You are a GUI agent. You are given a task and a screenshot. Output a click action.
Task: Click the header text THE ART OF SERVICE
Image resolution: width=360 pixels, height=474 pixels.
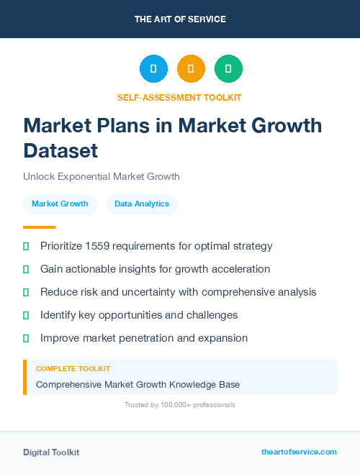(x=180, y=19)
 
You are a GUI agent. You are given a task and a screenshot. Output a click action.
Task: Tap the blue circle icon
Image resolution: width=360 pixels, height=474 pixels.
(x=153, y=69)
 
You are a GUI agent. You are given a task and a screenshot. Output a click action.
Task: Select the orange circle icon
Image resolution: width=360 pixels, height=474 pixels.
(x=191, y=69)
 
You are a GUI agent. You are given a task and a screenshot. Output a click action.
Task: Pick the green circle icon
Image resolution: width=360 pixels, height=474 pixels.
(x=228, y=69)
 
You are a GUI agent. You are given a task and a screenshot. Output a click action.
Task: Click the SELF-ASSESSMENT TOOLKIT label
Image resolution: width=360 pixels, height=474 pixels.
(x=179, y=97)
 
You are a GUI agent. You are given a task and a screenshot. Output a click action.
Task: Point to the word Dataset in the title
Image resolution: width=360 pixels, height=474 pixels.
(x=60, y=150)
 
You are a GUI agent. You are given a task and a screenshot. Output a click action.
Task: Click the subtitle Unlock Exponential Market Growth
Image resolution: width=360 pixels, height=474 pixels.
(x=102, y=176)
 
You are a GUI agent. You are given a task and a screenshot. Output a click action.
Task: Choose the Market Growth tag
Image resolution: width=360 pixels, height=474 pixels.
(x=60, y=204)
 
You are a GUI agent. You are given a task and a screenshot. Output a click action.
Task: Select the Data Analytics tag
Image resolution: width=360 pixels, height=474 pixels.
(x=142, y=204)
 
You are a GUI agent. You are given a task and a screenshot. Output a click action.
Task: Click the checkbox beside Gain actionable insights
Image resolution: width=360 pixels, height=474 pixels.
(x=26, y=269)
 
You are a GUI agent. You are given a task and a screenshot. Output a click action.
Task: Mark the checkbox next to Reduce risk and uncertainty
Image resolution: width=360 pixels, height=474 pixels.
(x=26, y=292)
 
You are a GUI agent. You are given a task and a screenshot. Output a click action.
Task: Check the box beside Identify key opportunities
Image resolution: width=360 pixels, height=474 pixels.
(x=26, y=315)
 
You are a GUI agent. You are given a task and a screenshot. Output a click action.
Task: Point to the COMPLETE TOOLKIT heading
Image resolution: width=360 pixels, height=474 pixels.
(x=73, y=368)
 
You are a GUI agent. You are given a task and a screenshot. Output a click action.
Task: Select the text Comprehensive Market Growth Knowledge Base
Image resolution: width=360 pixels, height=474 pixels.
(x=138, y=385)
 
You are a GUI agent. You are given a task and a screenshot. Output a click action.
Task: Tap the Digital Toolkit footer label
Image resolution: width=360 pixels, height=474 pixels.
(x=51, y=452)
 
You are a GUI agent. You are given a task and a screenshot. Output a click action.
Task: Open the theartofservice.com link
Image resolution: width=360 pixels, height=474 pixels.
(x=299, y=452)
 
